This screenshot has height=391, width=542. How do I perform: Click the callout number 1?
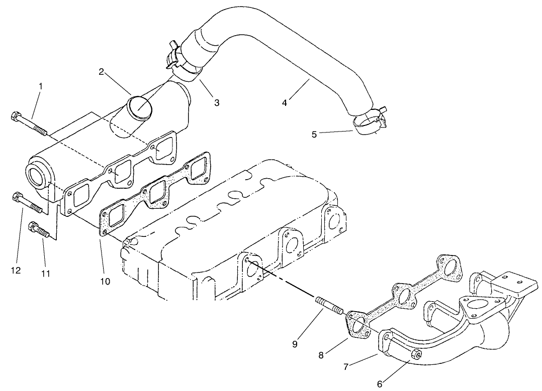click(40, 86)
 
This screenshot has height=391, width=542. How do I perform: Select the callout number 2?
click(101, 72)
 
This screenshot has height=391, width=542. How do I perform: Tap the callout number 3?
click(217, 103)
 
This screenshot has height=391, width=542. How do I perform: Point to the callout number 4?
click(285, 103)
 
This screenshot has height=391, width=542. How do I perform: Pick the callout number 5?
click(314, 135)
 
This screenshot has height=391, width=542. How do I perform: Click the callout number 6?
click(380, 384)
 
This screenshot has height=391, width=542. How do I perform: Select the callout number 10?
click(105, 281)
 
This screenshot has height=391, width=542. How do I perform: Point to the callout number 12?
click(16, 271)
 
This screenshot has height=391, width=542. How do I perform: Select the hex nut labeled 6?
click(417, 355)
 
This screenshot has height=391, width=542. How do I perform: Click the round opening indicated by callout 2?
click(138, 106)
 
